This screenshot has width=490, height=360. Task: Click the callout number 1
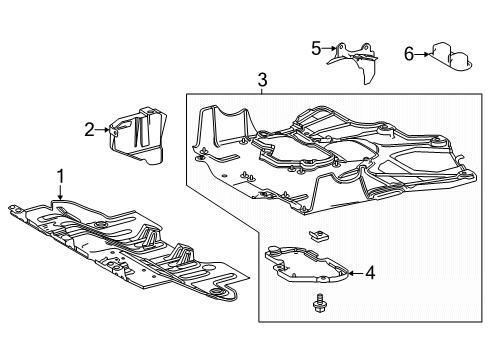(60, 177)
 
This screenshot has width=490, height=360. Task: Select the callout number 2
(89, 129)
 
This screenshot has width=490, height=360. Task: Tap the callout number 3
(262, 80)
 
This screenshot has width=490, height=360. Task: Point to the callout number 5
(316, 47)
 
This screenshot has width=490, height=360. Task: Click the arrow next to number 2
(103, 129)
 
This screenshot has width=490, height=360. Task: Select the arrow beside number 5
(329, 47)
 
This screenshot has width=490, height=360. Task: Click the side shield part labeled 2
(140, 138)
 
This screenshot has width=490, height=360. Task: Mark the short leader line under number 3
(262, 91)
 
